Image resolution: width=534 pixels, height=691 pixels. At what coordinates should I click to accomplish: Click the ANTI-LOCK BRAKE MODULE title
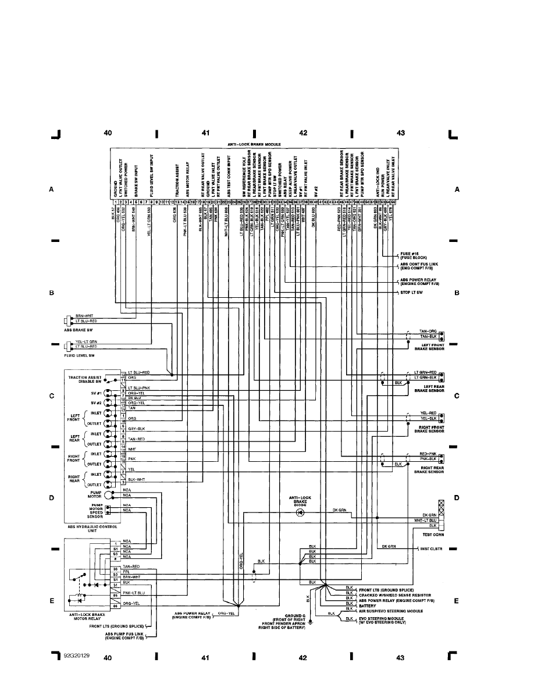point(254,143)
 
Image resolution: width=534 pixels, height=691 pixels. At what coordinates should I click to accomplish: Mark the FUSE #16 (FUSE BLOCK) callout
point(414,255)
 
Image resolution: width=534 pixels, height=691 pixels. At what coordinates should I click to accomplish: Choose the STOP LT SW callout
point(411,292)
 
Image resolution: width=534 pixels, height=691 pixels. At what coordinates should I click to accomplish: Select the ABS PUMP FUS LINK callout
point(122,636)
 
